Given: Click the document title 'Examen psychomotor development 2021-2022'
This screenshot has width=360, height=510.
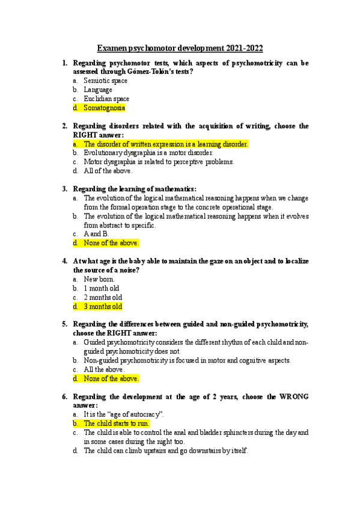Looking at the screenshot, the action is [x=180, y=48].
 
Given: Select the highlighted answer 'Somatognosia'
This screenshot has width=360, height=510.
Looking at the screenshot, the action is [x=104, y=108].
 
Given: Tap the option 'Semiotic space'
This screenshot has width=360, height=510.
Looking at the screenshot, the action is [x=106, y=81].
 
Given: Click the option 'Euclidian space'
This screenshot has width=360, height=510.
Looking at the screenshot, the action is [x=106, y=99].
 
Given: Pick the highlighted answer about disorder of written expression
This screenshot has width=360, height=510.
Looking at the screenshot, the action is [x=166, y=144].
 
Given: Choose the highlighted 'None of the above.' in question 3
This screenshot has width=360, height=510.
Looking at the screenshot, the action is [x=111, y=243].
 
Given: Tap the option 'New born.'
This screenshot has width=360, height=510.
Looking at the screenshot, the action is [x=99, y=280].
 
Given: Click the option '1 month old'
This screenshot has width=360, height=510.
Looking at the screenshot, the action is [x=103, y=289].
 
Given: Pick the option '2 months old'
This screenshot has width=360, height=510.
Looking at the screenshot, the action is [x=103, y=297].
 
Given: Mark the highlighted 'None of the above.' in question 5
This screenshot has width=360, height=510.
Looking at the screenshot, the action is [x=111, y=379].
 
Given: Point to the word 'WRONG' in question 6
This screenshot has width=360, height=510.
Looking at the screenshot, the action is [x=293, y=397].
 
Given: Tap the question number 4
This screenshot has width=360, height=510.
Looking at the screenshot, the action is [x=65, y=262].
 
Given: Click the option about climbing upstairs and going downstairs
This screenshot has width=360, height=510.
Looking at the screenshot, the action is [x=166, y=450].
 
